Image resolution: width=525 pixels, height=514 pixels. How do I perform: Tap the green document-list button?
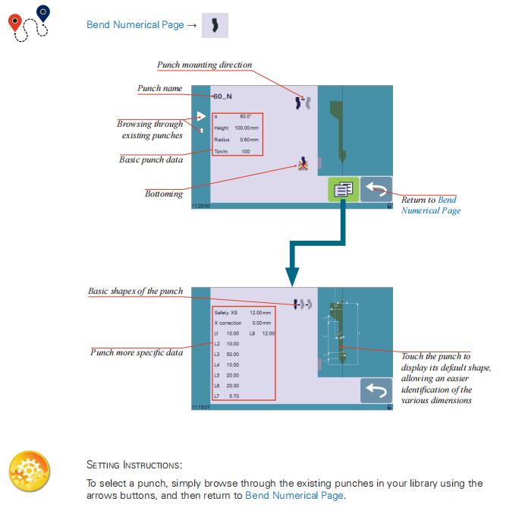(x=343, y=190)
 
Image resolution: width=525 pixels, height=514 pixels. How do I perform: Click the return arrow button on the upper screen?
(x=376, y=190)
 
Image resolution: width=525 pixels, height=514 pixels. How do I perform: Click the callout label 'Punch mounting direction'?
(x=204, y=65)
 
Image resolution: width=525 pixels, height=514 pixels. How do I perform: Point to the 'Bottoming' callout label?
(x=164, y=194)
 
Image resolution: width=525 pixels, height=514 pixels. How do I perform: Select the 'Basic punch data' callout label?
(x=151, y=160)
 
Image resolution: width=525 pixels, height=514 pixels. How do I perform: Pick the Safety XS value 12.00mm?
(x=260, y=313)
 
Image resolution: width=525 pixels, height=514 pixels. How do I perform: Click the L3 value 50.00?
(x=232, y=355)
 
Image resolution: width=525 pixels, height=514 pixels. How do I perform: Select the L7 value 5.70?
(x=234, y=396)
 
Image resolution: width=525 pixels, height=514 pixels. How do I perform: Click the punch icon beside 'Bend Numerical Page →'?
(x=215, y=25)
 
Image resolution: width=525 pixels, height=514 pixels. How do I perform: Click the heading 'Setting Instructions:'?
(x=134, y=465)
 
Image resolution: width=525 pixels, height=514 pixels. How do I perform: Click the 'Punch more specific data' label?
(x=137, y=352)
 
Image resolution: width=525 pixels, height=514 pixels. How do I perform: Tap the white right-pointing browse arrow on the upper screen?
(x=200, y=116)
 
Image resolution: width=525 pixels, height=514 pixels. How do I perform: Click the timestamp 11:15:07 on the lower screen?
(x=201, y=407)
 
